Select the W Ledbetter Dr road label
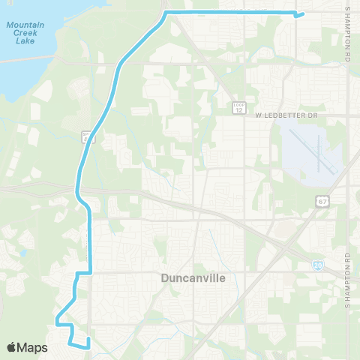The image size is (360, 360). [x=287, y=115]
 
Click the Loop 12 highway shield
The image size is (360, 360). [x=239, y=106]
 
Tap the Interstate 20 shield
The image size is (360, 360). [x=317, y=265]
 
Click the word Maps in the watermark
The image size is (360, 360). [x=33, y=348]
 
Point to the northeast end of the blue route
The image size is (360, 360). [x=302, y=13]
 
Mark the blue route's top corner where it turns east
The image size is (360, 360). [x=166, y=13]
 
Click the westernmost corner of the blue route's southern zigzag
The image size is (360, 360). [x=55, y=323]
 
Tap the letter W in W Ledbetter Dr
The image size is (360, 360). [x=257, y=115]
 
